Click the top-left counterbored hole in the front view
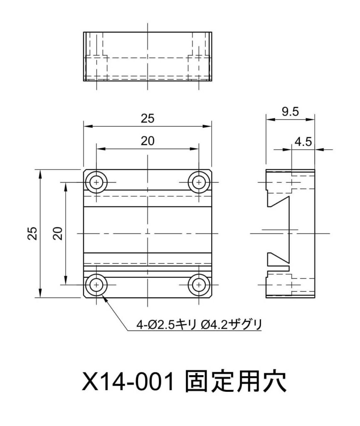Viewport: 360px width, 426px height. coord(97,182)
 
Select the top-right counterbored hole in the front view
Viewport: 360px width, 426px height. coord(199,182)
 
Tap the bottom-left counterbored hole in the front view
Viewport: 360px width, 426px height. coord(97,285)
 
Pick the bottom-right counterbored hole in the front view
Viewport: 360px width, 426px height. coord(199,285)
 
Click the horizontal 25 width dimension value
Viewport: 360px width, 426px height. coord(147,119)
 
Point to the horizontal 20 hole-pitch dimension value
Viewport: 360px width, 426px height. coord(147,141)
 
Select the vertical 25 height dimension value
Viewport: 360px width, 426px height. coord(33,233)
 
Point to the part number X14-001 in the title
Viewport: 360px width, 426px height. coord(128,381)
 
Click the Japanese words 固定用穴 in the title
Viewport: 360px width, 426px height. coord(235,381)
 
